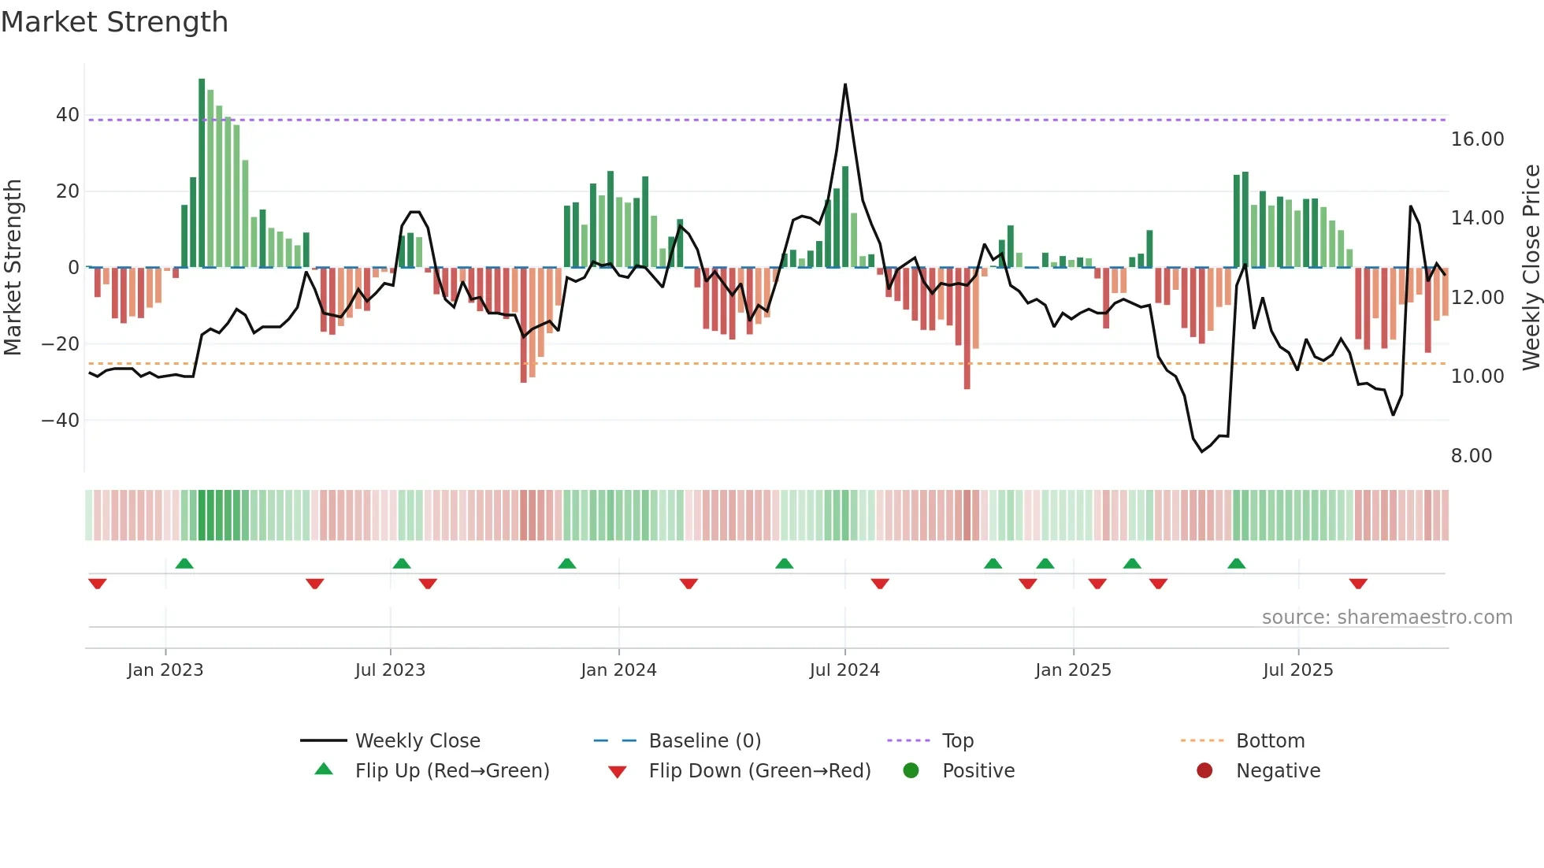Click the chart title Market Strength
pos(114,22)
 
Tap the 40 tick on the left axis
pos(68,115)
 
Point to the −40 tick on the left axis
pos(61,421)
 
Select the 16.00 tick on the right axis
pos(1477,139)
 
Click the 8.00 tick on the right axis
pos(1471,456)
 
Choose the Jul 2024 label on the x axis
pos(844,670)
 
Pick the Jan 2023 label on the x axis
pos(165,670)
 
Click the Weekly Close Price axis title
pos(1531,268)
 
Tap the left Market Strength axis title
pos(13,268)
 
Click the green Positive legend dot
pos(911,771)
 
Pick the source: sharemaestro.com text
pos(1386,618)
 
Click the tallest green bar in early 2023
pos(202,173)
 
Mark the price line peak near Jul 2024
pos(845,85)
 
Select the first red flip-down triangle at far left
pos(98,584)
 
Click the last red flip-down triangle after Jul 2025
pos(1358,584)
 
